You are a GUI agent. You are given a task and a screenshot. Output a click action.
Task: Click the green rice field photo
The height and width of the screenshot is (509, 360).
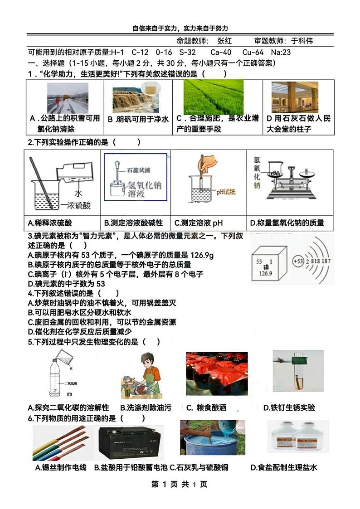(x=213, y=97)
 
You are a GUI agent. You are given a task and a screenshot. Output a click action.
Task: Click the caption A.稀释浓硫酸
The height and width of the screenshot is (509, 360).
(x=50, y=223)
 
